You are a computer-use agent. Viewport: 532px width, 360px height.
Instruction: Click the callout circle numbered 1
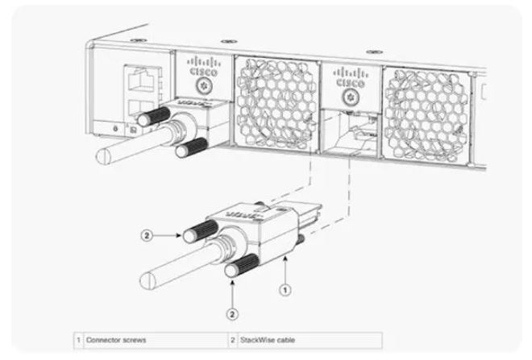coord(285,290)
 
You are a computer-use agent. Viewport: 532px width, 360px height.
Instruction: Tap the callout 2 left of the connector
coord(147,235)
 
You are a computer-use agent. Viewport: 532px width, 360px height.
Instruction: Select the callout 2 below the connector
coord(232,314)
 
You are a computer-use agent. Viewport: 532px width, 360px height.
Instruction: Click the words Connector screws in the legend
coord(116,340)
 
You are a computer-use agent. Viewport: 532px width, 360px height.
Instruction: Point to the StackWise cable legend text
coord(268,340)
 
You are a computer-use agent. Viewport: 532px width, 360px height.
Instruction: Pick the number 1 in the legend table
coord(78,340)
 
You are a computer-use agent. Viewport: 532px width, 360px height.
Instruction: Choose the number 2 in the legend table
coord(232,340)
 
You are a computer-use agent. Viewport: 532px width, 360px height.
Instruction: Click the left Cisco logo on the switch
coord(204,66)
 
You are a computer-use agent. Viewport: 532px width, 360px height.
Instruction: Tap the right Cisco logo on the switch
coord(351,78)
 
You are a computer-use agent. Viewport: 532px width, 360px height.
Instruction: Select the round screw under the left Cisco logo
coord(204,87)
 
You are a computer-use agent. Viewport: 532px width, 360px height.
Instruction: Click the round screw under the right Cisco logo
coord(351,98)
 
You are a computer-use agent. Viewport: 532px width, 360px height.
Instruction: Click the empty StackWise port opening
coord(350,132)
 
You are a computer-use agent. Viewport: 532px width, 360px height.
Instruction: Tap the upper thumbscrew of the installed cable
coord(153,117)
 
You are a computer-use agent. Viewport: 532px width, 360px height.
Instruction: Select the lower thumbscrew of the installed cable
coord(191,148)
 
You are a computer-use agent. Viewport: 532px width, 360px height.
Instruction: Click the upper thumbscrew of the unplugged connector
coord(200,231)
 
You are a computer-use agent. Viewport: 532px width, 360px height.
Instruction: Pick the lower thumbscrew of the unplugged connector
coord(243,266)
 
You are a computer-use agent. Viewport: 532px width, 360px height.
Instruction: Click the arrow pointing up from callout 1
coord(285,270)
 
